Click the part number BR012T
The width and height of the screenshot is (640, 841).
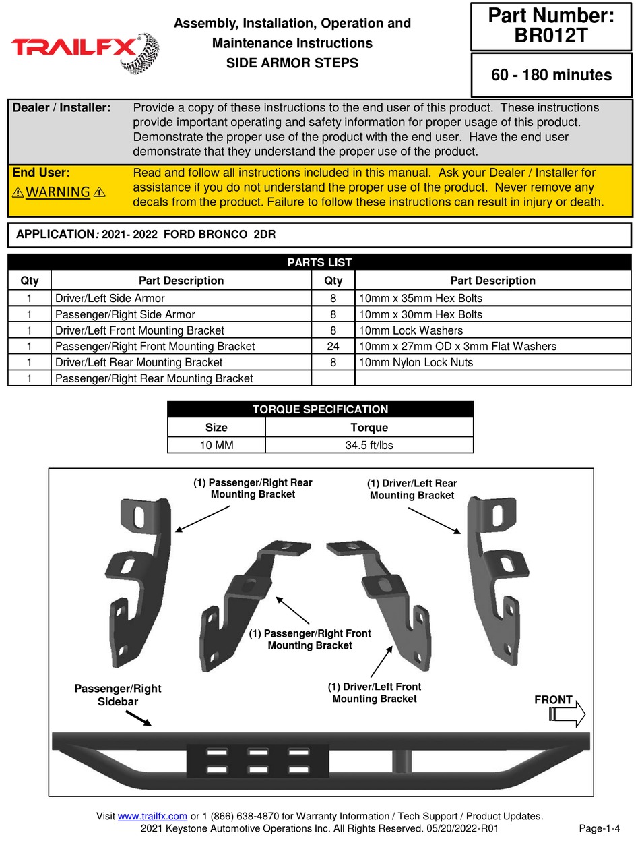point(550,35)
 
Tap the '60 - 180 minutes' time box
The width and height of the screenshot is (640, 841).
point(551,75)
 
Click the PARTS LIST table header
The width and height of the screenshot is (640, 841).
point(319,262)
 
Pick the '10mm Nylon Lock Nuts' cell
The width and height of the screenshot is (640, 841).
point(416,362)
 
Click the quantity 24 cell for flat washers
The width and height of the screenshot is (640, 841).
point(333,346)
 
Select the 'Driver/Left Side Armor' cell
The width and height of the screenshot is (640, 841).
point(110,298)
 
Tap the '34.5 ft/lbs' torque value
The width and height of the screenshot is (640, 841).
point(369,445)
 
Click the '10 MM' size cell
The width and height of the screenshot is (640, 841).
point(216,445)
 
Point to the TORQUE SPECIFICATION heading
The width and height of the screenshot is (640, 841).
point(320,409)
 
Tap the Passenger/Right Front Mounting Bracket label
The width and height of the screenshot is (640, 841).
point(310,639)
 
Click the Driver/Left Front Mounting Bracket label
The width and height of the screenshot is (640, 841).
point(375,693)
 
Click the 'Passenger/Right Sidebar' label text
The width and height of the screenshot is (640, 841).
point(118,695)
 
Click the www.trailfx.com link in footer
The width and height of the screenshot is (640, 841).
point(152,816)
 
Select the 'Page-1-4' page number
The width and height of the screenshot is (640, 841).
point(599,828)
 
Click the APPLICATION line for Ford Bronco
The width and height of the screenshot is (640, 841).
point(146,235)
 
